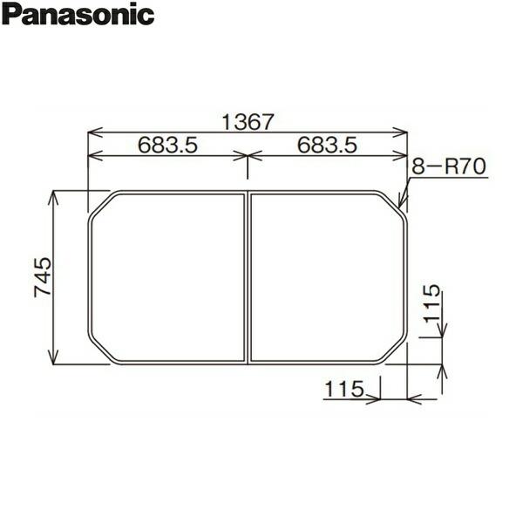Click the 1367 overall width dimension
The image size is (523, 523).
point(248,123)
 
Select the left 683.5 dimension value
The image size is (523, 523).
point(166,146)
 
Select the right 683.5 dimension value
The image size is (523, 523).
point(328,146)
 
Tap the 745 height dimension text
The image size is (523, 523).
point(44,277)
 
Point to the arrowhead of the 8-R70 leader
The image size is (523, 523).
point(401,205)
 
